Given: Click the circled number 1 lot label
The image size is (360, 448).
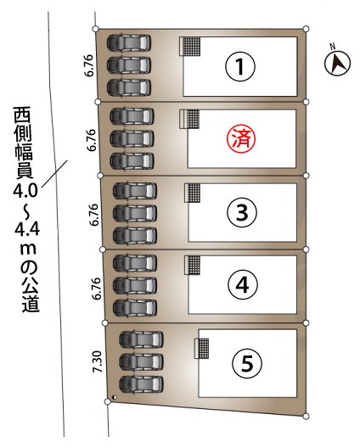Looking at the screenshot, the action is click(240, 66).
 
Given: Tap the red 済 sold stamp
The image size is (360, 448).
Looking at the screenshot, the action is click(241, 139).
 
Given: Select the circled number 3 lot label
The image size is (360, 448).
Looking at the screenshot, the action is click(242, 212).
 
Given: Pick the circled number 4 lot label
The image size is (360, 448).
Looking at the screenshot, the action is click(243, 284).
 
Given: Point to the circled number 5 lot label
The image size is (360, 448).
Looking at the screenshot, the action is click(247, 364).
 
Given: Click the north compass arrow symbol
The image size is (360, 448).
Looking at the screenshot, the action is click(337, 63).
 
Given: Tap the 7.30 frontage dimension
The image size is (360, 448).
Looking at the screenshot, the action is click(98, 361).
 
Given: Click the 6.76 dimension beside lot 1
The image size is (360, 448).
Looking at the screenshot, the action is click(89, 65).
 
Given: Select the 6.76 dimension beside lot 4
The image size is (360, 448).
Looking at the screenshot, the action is click(98, 288).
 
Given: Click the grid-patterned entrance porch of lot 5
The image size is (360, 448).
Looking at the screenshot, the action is click(203, 348).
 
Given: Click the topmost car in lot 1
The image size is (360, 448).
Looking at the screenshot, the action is click(129, 43).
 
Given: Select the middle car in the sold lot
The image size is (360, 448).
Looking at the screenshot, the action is click(132, 139).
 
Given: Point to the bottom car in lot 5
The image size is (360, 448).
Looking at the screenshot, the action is click(141, 384).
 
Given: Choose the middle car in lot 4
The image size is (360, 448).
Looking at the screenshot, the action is click(135, 285).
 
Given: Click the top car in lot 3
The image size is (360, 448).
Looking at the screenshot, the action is click(135, 191).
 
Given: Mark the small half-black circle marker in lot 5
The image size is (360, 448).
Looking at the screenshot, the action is click(115, 397).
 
